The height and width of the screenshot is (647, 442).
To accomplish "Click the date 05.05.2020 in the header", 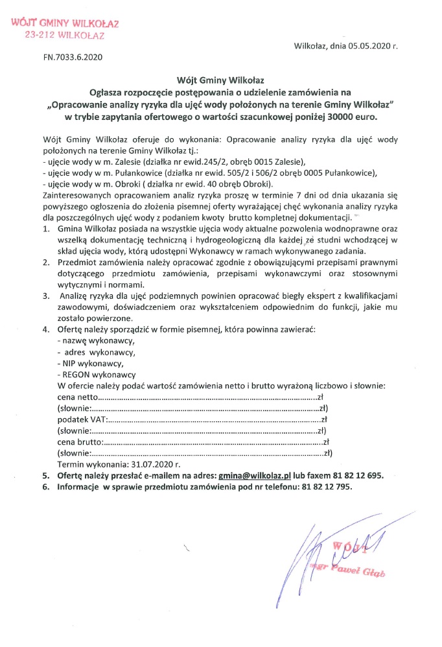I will click(x=368, y=47).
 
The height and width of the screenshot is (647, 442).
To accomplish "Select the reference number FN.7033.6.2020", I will click(x=73, y=57).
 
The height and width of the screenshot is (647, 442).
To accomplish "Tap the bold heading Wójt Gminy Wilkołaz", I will click(x=220, y=82).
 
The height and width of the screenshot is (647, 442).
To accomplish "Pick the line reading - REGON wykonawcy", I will click(x=97, y=375).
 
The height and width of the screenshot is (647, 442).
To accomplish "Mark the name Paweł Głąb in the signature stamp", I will click(x=356, y=572).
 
